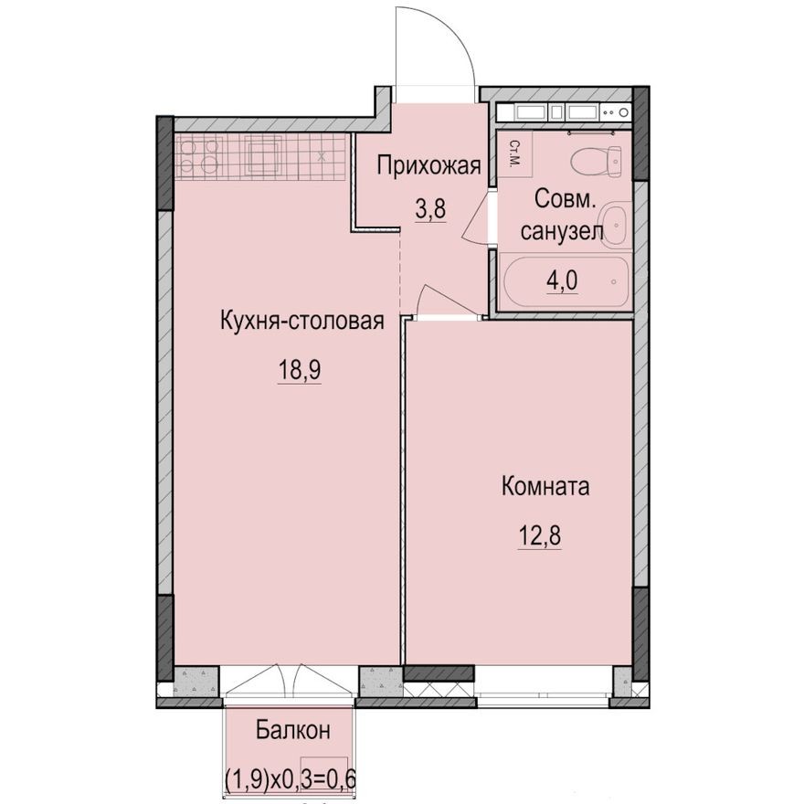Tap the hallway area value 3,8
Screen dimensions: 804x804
point(430,210)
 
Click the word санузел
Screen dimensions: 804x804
point(562,232)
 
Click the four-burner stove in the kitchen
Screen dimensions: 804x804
point(199,157)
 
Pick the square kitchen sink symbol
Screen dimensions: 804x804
point(264,156)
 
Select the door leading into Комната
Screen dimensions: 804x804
point(437,301)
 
